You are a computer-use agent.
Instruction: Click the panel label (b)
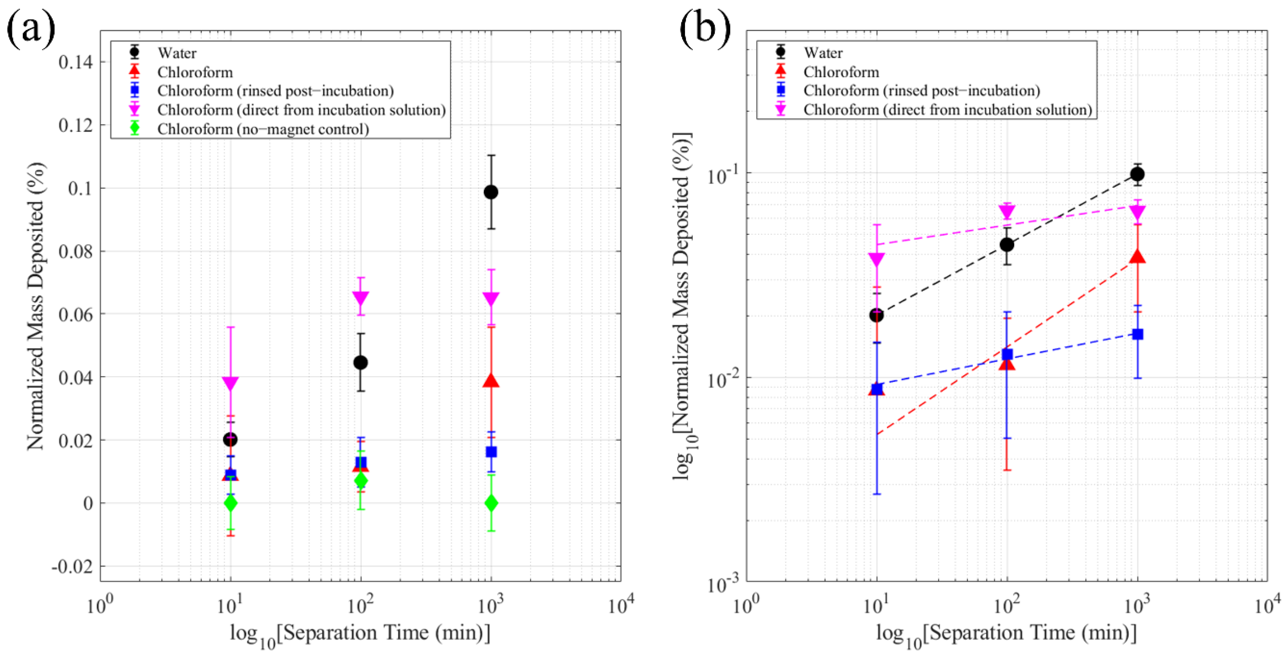(x=704, y=29)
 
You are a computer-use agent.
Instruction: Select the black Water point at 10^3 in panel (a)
(x=491, y=192)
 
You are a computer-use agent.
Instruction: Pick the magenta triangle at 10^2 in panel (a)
(x=361, y=298)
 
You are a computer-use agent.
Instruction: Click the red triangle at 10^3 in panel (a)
(x=491, y=381)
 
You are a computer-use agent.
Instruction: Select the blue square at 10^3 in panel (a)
(x=491, y=452)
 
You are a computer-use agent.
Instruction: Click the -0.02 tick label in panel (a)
(x=72, y=567)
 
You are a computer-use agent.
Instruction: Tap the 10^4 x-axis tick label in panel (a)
(x=620, y=606)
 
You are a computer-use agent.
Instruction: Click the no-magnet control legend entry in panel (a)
(x=263, y=129)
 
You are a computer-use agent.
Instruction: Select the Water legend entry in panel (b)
(x=823, y=53)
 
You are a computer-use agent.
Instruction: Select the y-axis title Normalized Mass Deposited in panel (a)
(x=36, y=306)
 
